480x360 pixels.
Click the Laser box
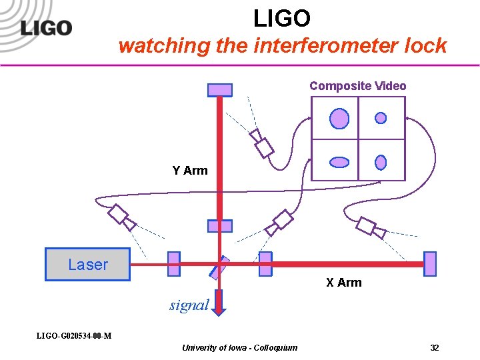tap(87, 264)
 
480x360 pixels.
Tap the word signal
tap(189, 305)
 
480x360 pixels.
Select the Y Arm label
tap(190, 171)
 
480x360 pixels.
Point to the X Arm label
tap(343, 283)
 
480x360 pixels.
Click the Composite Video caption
tap(357, 86)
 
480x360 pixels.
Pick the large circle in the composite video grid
tap(339, 119)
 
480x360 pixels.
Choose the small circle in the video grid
tap(381, 118)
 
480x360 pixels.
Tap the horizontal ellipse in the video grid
tap(339, 162)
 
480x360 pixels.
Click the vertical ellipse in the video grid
tap(381, 162)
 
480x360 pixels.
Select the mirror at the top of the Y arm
tap(220, 90)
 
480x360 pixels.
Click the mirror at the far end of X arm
tap(430, 264)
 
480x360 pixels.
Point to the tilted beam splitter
tap(219, 267)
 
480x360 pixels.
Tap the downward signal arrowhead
tap(221, 307)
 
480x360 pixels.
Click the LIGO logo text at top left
tap(45, 28)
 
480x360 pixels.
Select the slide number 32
tap(434, 348)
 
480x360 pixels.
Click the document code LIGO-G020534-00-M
tap(73, 335)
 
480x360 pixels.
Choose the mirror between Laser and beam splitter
tap(173, 264)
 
